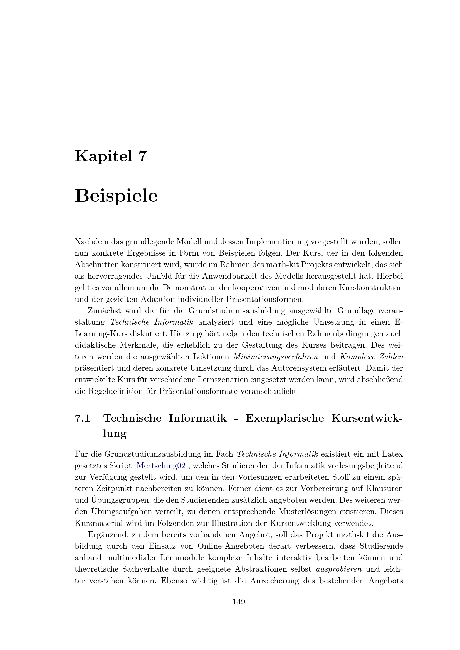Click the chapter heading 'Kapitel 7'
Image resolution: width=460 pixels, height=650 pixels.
tap(111, 156)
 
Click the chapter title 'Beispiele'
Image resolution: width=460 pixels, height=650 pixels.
tap(116, 196)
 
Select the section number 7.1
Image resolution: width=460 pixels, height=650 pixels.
tap(82, 418)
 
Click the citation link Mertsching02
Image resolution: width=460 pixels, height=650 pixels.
tap(161, 466)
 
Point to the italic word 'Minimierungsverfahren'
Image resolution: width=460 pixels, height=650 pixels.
tap(276, 357)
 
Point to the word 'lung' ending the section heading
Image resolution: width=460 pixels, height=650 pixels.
tap(115, 434)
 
